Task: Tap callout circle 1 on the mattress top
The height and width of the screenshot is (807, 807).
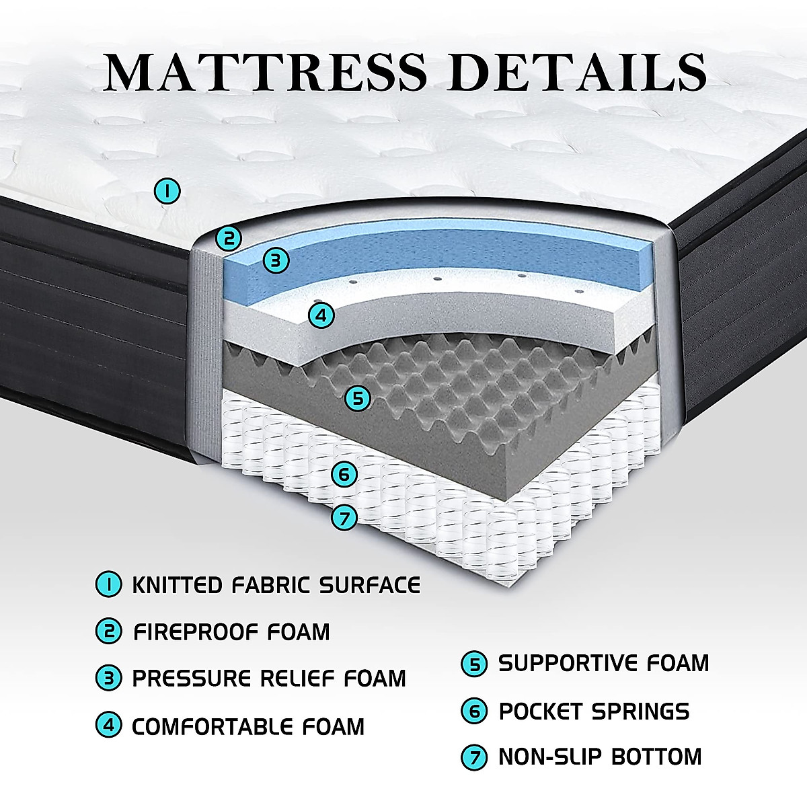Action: pos(167,191)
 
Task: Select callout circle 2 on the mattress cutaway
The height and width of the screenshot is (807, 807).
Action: pos(229,237)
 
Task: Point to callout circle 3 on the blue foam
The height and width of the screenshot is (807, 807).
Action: pos(276,260)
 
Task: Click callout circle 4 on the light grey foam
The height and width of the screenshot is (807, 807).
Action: pos(321,314)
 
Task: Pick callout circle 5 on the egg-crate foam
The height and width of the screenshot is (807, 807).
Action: pos(358,398)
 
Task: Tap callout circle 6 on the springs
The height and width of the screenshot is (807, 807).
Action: pos(344,475)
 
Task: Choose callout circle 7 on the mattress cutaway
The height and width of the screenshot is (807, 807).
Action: pos(344,518)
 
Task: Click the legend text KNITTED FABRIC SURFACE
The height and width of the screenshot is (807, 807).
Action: pos(276,585)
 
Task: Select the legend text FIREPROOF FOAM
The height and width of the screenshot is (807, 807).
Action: pos(231,632)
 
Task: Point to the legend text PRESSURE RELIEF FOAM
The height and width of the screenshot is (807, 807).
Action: pos(269,679)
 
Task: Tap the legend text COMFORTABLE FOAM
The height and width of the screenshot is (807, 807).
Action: pos(248,726)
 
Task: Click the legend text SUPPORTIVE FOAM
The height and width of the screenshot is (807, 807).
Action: pos(603,664)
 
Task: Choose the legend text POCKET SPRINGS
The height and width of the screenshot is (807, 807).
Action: pos(594,711)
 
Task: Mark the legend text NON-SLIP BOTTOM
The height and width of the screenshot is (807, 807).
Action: pos(599,757)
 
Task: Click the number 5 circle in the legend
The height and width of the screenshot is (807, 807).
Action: pos(474,664)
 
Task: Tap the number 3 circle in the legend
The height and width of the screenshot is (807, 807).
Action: pos(108,679)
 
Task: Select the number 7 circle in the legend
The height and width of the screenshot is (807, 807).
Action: pos(474,757)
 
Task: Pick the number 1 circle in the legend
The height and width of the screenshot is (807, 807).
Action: pos(108,584)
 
